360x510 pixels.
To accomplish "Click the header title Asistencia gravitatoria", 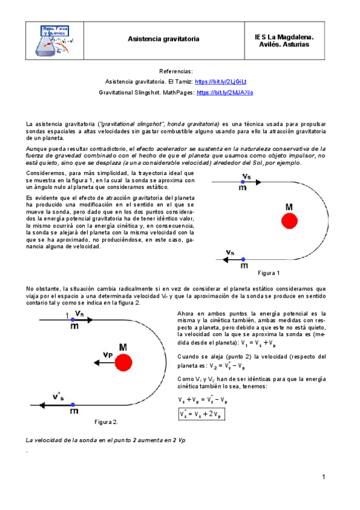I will click(x=163, y=38).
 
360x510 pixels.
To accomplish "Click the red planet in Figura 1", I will click(x=290, y=221).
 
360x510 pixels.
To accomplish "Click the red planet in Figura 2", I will click(x=124, y=362).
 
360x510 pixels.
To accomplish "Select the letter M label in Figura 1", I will click(x=289, y=207).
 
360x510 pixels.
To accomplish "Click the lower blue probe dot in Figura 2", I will click(x=73, y=404).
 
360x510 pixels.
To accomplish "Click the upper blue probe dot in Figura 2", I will click(x=73, y=320).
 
